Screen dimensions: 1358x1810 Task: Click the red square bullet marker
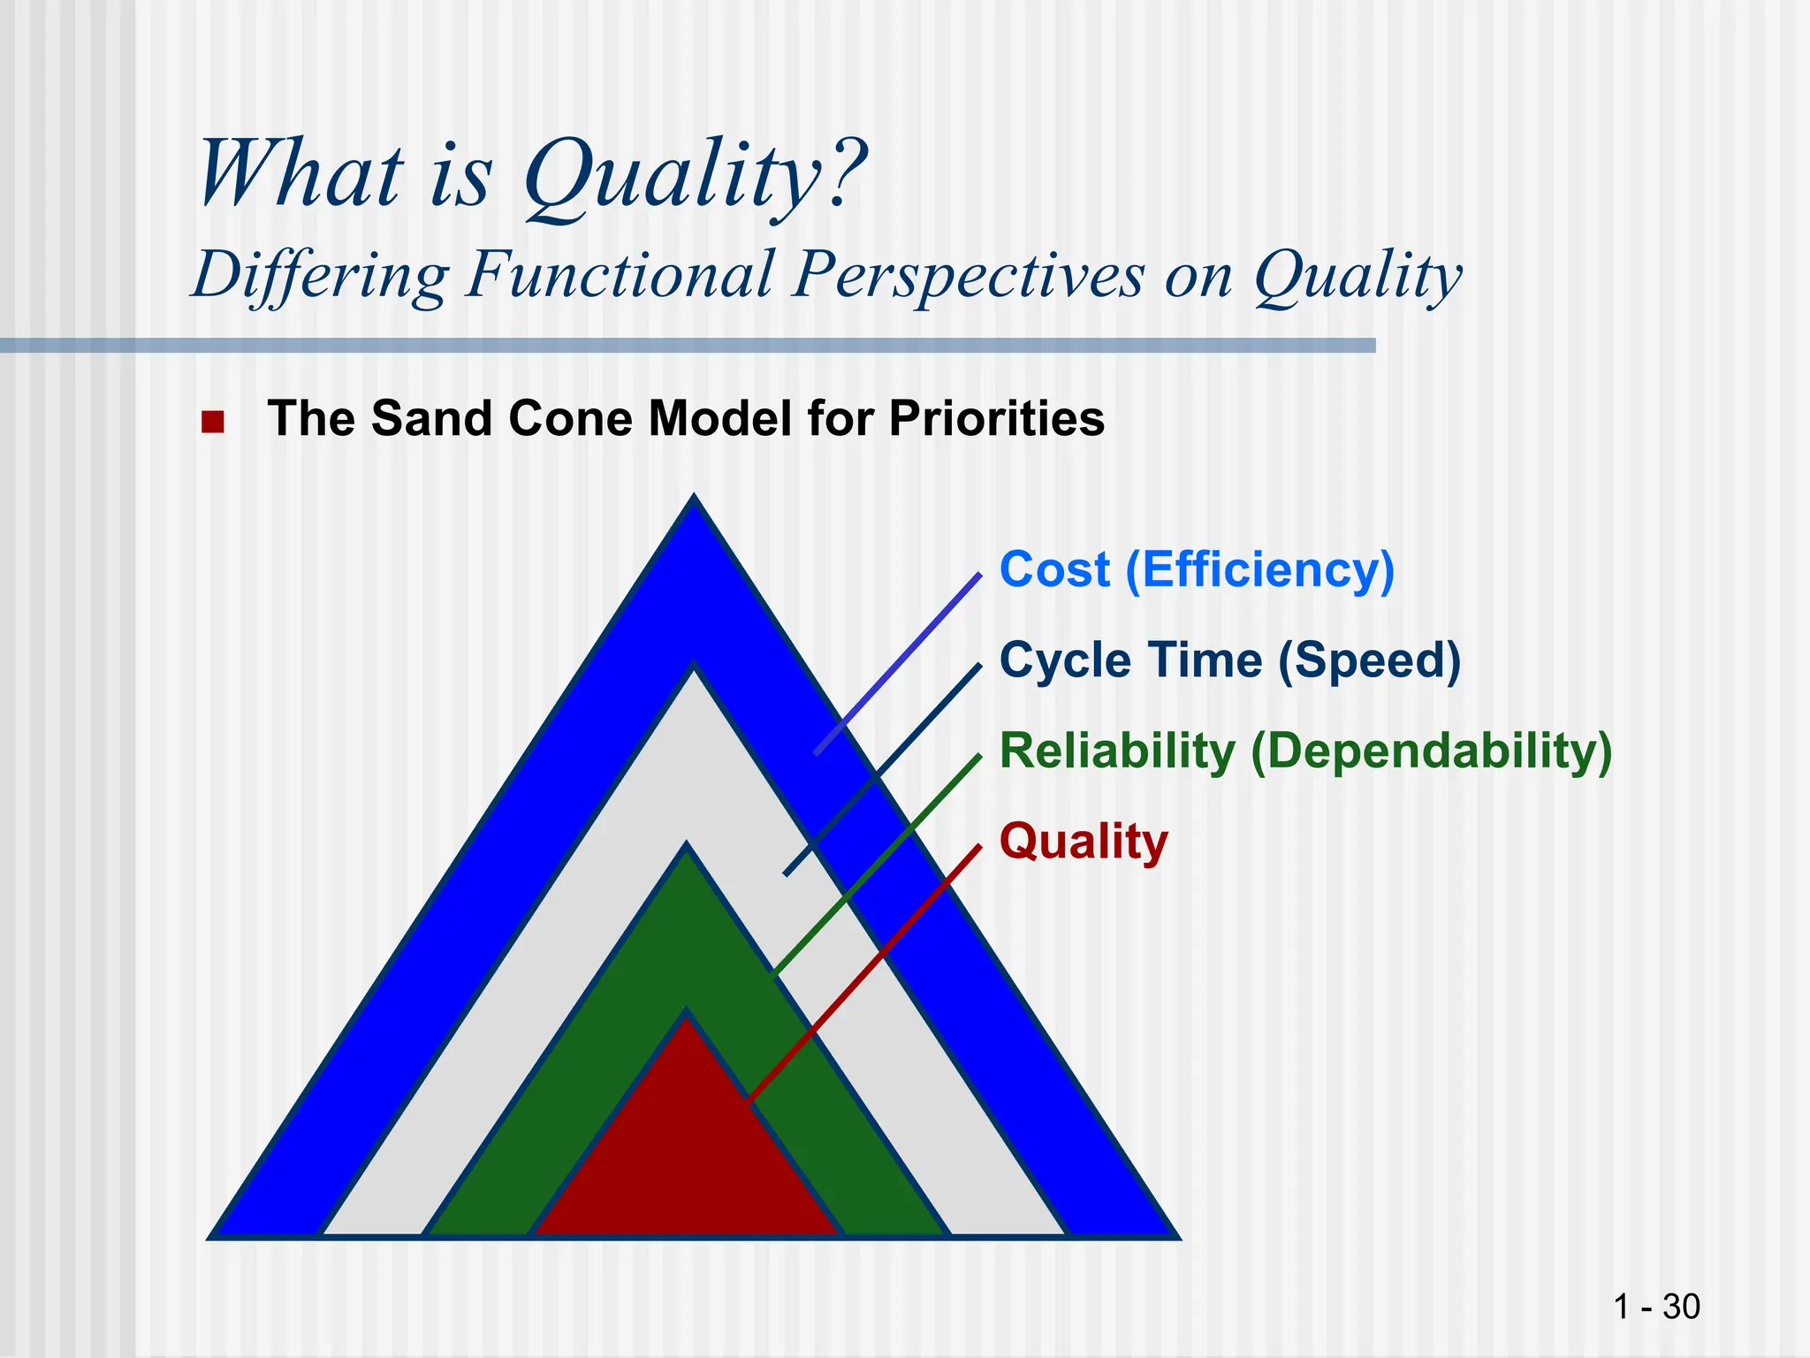point(212,422)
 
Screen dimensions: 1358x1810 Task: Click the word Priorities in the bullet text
point(996,418)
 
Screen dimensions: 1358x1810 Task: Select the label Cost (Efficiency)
point(1196,569)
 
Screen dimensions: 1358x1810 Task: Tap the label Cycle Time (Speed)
point(1229,660)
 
